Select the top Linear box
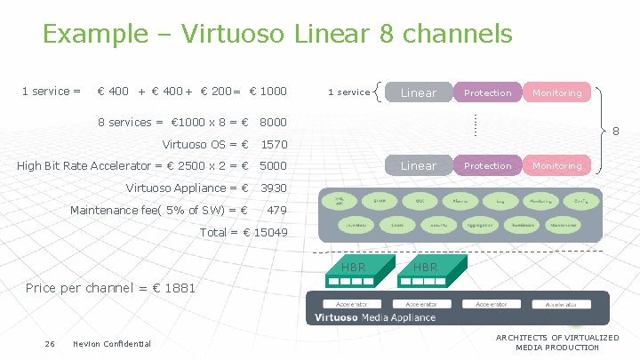[x=418, y=92]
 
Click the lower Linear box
[x=418, y=165]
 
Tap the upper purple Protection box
[x=488, y=92]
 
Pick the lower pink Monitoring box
[x=557, y=165]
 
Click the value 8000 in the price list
[x=273, y=123]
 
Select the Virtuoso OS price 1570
[x=273, y=144]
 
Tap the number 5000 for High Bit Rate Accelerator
[x=273, y=165]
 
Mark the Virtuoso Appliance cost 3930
[x=273, y=188]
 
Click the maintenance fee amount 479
[x=276, y=210]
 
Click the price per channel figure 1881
[x=179, y=288]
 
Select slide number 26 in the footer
[x=50, y=344]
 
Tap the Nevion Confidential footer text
[x=112, y=344]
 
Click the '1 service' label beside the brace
[x=348, y=92]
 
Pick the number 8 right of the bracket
[x=616, y=131]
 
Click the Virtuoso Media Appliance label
[x=374, y=317]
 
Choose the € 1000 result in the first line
[x=268, y=91]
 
